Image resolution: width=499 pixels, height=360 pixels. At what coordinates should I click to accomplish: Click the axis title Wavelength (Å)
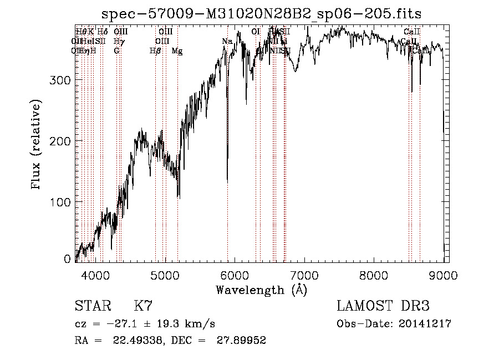261,290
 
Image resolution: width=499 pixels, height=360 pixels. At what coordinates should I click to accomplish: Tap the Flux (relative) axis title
37,146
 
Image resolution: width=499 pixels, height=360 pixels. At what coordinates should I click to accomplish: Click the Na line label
227,41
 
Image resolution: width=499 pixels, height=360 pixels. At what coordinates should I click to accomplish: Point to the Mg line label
177,51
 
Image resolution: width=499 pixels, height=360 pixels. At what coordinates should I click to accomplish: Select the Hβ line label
155,51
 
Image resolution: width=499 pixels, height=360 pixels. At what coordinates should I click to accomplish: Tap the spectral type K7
143,306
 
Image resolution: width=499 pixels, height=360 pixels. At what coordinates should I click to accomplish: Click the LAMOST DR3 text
383,306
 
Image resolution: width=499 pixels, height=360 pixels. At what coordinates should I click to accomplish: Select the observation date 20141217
426,324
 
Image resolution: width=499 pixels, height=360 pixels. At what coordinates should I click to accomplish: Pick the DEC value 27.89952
243,341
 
